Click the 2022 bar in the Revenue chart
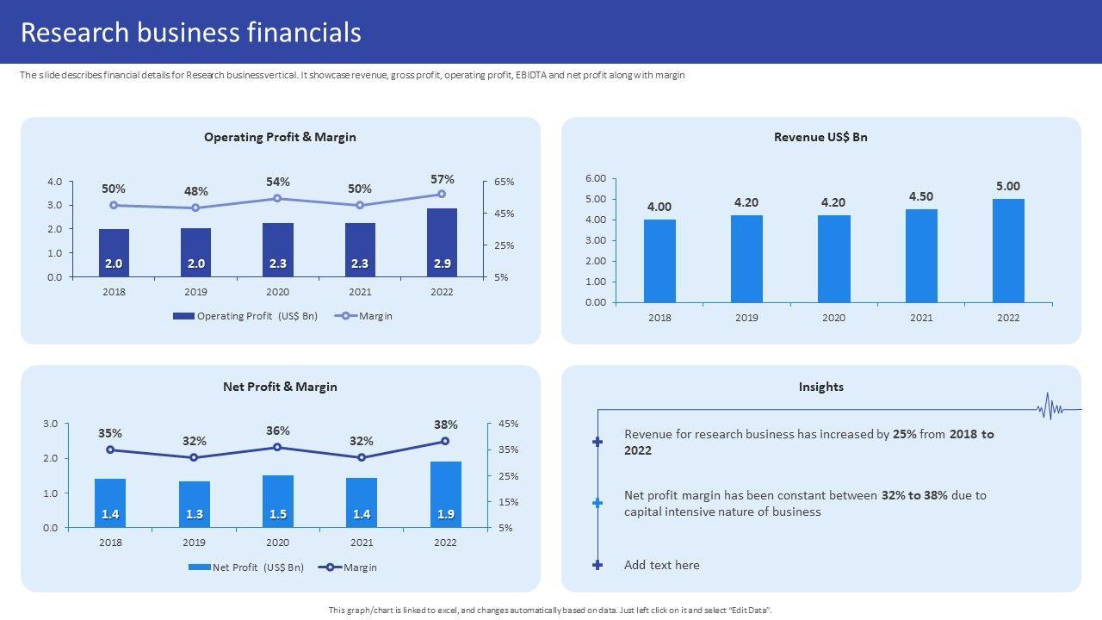[x=1008, y=251]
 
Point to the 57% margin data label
[x=443, y=179]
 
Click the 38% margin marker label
[x=445, y=425]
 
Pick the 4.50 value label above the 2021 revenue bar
[x=921, y=196]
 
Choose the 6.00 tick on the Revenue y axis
[x=596, y=178]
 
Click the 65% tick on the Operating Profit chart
[x=505, y=182]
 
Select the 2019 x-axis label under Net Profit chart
[x=194, y=542]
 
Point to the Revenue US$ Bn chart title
[x=820, y=137]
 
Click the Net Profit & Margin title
[x=280, y=387]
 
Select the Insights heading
[x=820, y=387]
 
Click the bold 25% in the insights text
[x=904, y=434]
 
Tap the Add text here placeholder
[x=661, y=565]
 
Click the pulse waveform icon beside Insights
[x=1049, y=407]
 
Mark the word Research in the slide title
[x=73, y=33]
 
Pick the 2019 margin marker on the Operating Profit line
[x=195, y=208]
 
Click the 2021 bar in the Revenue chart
[x=921, y=256]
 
